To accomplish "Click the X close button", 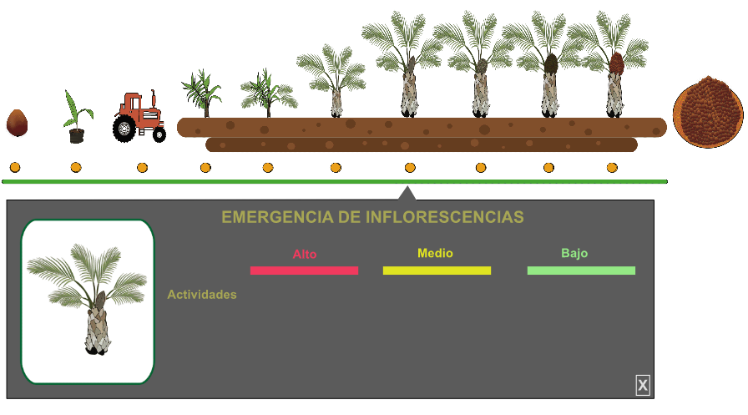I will (643, 385).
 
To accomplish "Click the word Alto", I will (305, 254).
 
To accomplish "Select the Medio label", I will (435, 253).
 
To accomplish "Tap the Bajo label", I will (574, 253).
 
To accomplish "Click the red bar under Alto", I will (304, 271).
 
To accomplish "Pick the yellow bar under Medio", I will (437, 271).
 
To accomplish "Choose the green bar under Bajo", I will (581, 271).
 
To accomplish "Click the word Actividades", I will (202, 295).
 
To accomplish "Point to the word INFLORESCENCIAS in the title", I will (444, 218).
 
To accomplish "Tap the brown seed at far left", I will (17, 123).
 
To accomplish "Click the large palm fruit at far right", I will (708, 111).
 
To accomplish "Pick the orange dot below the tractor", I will (142, 168).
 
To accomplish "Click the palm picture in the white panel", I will (88, 301).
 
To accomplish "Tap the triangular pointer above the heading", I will (407, 194).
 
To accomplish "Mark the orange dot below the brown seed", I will (15, 168).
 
